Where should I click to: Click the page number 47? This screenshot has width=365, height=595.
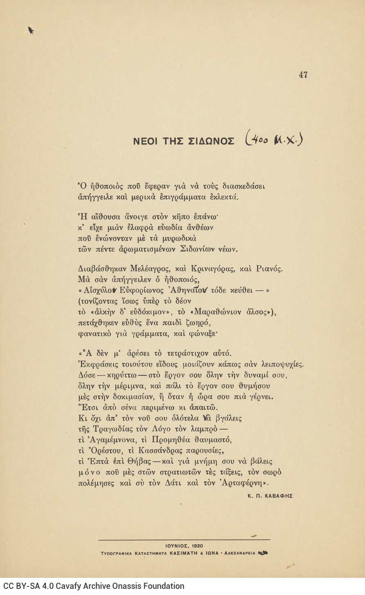click(303, 75)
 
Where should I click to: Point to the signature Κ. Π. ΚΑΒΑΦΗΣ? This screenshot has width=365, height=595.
click(270, 495)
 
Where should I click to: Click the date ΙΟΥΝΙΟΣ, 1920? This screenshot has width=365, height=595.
click(184, 546)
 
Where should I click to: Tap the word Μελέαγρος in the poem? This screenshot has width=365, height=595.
click(150, 269)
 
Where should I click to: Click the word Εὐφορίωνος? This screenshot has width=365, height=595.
click(142, 291)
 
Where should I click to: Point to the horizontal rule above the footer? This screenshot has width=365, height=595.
click(184, 540)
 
